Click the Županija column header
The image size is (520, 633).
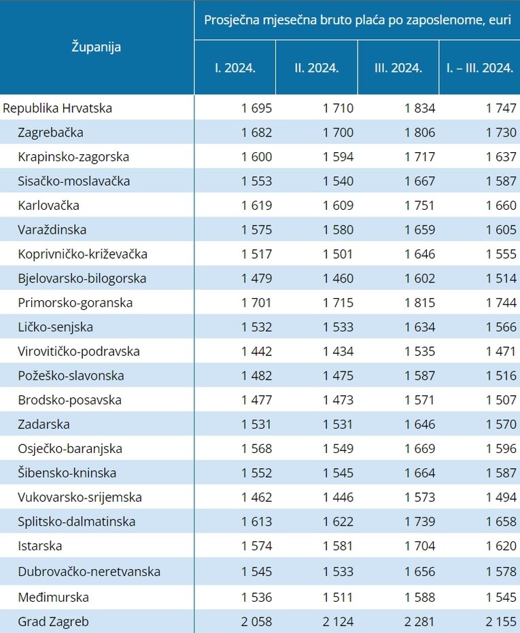[97, 47]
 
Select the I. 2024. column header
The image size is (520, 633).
[235, 68]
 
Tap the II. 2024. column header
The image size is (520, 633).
[316, 68]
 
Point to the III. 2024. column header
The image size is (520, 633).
[398, 68]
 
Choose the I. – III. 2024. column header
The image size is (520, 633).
[479, 68]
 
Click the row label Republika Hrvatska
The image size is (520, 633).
[58, 108]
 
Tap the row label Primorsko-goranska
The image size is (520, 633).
[75, 303]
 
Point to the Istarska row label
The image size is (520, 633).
[40, 546]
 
